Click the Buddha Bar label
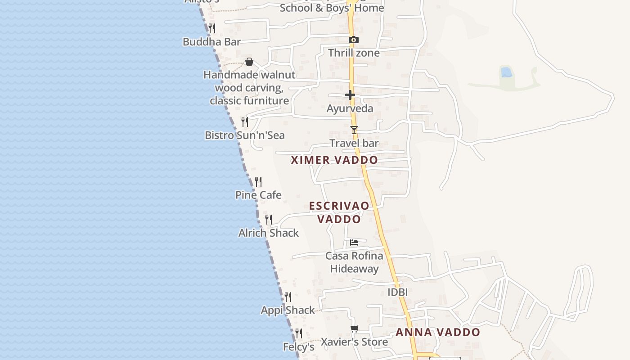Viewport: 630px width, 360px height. pos(211,42)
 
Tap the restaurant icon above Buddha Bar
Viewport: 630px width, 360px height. pos(212,28)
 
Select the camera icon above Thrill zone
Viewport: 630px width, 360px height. pos(354,40)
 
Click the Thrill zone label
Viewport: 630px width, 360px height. pos(354,53)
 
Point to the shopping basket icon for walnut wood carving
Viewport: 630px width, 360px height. pos(249,62)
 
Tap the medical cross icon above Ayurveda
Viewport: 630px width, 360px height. pos(350,95)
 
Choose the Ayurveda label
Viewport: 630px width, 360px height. pos(350,108)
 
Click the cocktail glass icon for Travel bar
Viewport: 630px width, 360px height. pos(354,130)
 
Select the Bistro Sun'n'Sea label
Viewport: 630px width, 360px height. pos(244,135)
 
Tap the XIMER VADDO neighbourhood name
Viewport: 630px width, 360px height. pos(334,160)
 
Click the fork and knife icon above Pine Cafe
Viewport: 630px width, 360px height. pos(258,182)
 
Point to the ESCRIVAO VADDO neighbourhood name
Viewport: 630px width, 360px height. pos(339,212)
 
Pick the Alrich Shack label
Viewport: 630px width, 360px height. pos(269,233)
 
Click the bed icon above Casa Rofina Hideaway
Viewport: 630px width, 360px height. pos(354,243)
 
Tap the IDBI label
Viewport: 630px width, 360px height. pos(398,292)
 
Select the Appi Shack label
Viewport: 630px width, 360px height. pos(288,310)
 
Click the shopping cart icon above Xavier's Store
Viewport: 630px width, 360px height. pos(355,328)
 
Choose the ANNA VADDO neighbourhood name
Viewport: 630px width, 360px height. pos(438,333)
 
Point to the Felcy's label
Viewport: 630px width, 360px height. pos(298,347)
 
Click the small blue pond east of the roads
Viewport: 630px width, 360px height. pos(506,72)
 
